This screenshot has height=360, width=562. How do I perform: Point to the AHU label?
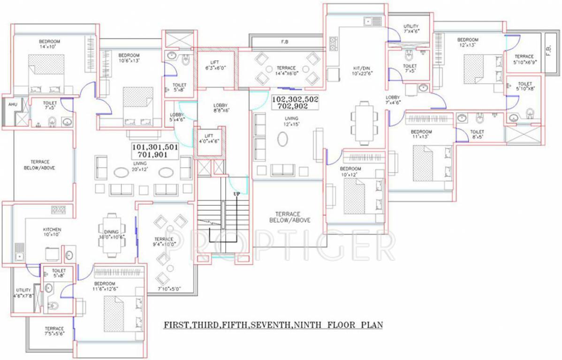coord(13,105)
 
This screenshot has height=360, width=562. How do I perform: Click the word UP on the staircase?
coord(237,194)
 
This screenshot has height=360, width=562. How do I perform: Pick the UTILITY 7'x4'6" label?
coord(411,29)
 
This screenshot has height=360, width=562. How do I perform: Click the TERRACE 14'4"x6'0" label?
coord(286,70)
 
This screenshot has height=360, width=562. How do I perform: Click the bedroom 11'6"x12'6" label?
coord(104,286)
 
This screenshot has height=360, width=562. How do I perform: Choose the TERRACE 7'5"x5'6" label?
coord(54,331)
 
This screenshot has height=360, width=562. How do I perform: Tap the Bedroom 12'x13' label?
coord(468,42)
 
